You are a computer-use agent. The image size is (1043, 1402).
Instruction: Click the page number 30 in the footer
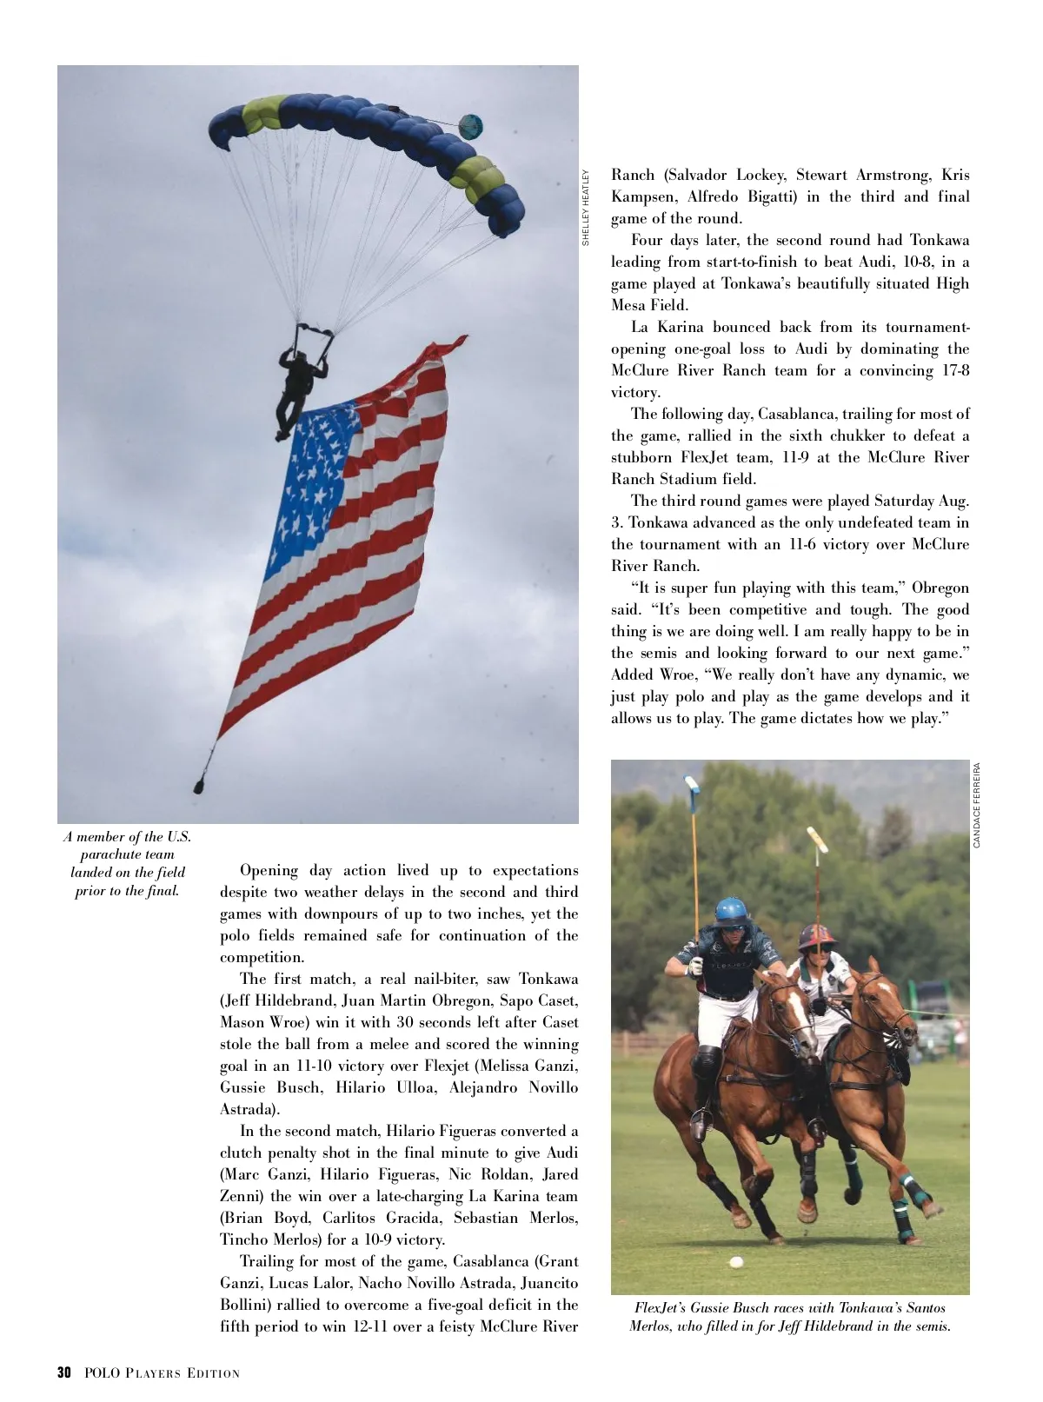coord(63,1372)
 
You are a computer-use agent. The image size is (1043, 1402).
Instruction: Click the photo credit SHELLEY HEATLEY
coord(586,207)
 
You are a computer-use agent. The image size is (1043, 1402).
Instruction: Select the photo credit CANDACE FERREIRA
coord(977,805)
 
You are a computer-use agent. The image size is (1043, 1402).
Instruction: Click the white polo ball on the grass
coord(736,1261)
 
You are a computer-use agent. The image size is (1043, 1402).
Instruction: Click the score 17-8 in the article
coord(952,370)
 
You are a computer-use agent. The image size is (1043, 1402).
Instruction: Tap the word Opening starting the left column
coord(269,871)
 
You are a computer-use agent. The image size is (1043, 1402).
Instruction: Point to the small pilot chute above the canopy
coord(469,126)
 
